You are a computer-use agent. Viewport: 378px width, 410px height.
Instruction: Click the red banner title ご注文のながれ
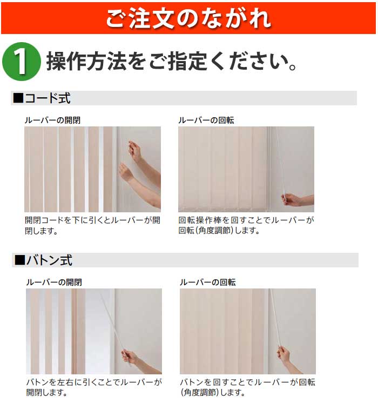pos(188,18)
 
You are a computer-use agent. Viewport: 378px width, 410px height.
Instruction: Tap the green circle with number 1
pos(22,62)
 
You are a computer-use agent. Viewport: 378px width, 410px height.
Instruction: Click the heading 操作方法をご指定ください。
pos(172,62)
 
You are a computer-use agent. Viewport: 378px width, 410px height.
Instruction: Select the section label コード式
pos(48,98)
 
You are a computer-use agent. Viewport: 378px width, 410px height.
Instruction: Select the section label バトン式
pos(49,260)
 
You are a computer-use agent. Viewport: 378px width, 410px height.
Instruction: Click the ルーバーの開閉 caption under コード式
pos(52,120)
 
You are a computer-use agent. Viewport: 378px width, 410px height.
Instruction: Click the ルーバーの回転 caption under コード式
pos(206,120)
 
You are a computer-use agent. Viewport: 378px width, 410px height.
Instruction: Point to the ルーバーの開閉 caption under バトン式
pos(54,282)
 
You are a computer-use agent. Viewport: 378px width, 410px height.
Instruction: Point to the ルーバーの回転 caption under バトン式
pos(207,282)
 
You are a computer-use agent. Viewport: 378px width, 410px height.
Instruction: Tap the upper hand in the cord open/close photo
pos(134,150)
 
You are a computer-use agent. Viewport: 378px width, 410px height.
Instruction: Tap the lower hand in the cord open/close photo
pos(127,172)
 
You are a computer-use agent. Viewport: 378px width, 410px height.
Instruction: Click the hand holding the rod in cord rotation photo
pos(292,200)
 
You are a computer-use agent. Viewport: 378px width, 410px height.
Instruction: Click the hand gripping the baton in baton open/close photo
pos(130,357)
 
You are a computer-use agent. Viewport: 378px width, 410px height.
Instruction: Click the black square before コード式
pos(18,98)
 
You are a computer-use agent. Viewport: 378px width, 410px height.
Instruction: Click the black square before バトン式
pos(20,260)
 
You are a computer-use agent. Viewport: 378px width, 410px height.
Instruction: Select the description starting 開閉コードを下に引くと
pos(92,225)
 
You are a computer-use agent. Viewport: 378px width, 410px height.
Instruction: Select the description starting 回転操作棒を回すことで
pos(246,225)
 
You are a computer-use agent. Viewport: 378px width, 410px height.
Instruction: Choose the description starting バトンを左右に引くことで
pos(94,387)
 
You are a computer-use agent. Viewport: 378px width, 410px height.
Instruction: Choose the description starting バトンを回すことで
pos(247,387)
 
